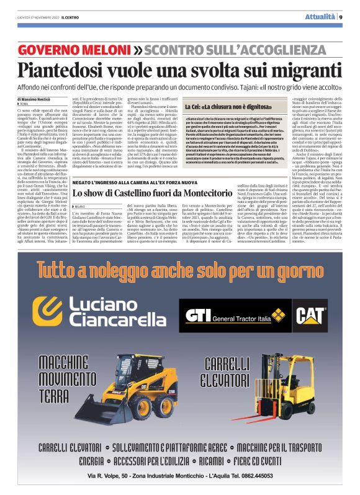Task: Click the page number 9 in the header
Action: [341, 17]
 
